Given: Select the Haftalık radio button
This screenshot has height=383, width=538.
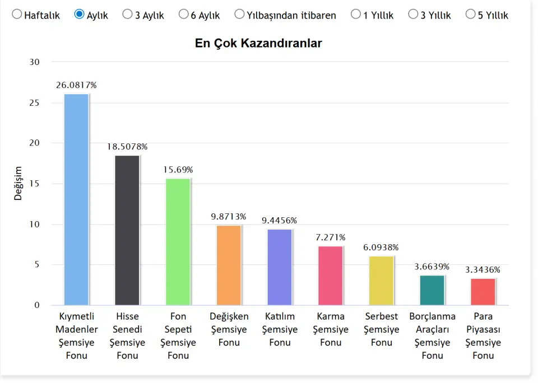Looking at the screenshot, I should pos(17,14).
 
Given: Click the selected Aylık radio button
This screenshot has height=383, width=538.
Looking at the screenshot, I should pos(79,14).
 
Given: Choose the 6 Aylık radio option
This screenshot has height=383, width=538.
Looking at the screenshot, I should pos(183,14).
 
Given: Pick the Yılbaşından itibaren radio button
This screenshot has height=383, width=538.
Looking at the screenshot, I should pos(239,14).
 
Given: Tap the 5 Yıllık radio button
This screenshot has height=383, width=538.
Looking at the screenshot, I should pos(470,14).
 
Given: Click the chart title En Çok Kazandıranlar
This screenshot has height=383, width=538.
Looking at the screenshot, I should pos(258,43).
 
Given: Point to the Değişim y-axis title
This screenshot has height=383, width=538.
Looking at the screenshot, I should pos(18,183).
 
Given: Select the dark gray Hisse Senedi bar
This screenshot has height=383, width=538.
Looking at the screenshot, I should pos(127,230).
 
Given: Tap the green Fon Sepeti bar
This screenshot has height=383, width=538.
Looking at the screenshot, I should pos(178,241).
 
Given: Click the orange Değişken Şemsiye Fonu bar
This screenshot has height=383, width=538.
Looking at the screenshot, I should pos(229,265).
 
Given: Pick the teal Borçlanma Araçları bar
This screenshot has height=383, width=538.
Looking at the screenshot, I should pos(432,290).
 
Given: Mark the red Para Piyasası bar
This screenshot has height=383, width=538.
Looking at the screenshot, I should pos(483,291).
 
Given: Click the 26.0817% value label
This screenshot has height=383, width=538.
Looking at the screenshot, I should pos(76,85).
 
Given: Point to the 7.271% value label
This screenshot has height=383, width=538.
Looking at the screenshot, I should pos(331,237).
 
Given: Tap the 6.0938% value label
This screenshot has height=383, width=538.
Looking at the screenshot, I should pos(381,247).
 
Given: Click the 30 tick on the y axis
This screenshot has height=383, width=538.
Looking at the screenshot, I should pos(34,62).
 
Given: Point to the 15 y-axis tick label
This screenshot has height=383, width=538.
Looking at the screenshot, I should pos(34,184).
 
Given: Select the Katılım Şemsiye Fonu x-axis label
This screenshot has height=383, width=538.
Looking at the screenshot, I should pos(280,329).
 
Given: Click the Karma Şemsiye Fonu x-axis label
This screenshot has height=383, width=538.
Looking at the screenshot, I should pos(331,329).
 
